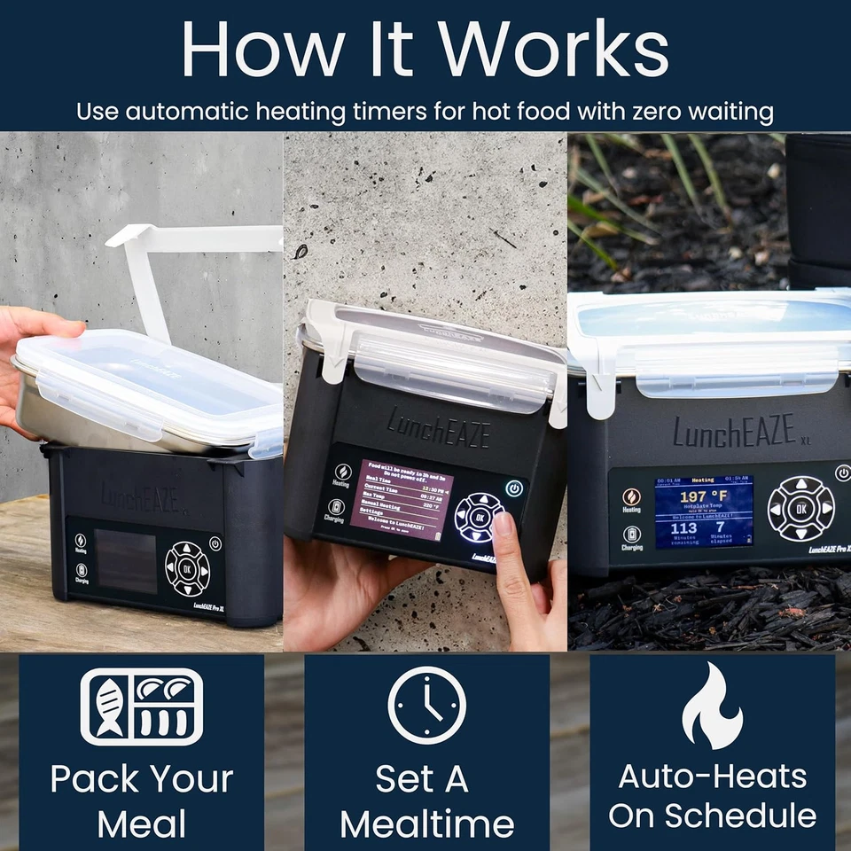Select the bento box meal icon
pos(142,707)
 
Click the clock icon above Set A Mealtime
pos(426,706)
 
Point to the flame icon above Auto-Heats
pos(712,706)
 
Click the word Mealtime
pos(426,824)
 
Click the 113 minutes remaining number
pos(683,529)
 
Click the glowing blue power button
pos(514,488)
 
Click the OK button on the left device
pos(187,567)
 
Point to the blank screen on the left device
pos(126,562)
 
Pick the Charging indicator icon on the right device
pos(631,534)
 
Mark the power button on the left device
pos(215,543)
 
